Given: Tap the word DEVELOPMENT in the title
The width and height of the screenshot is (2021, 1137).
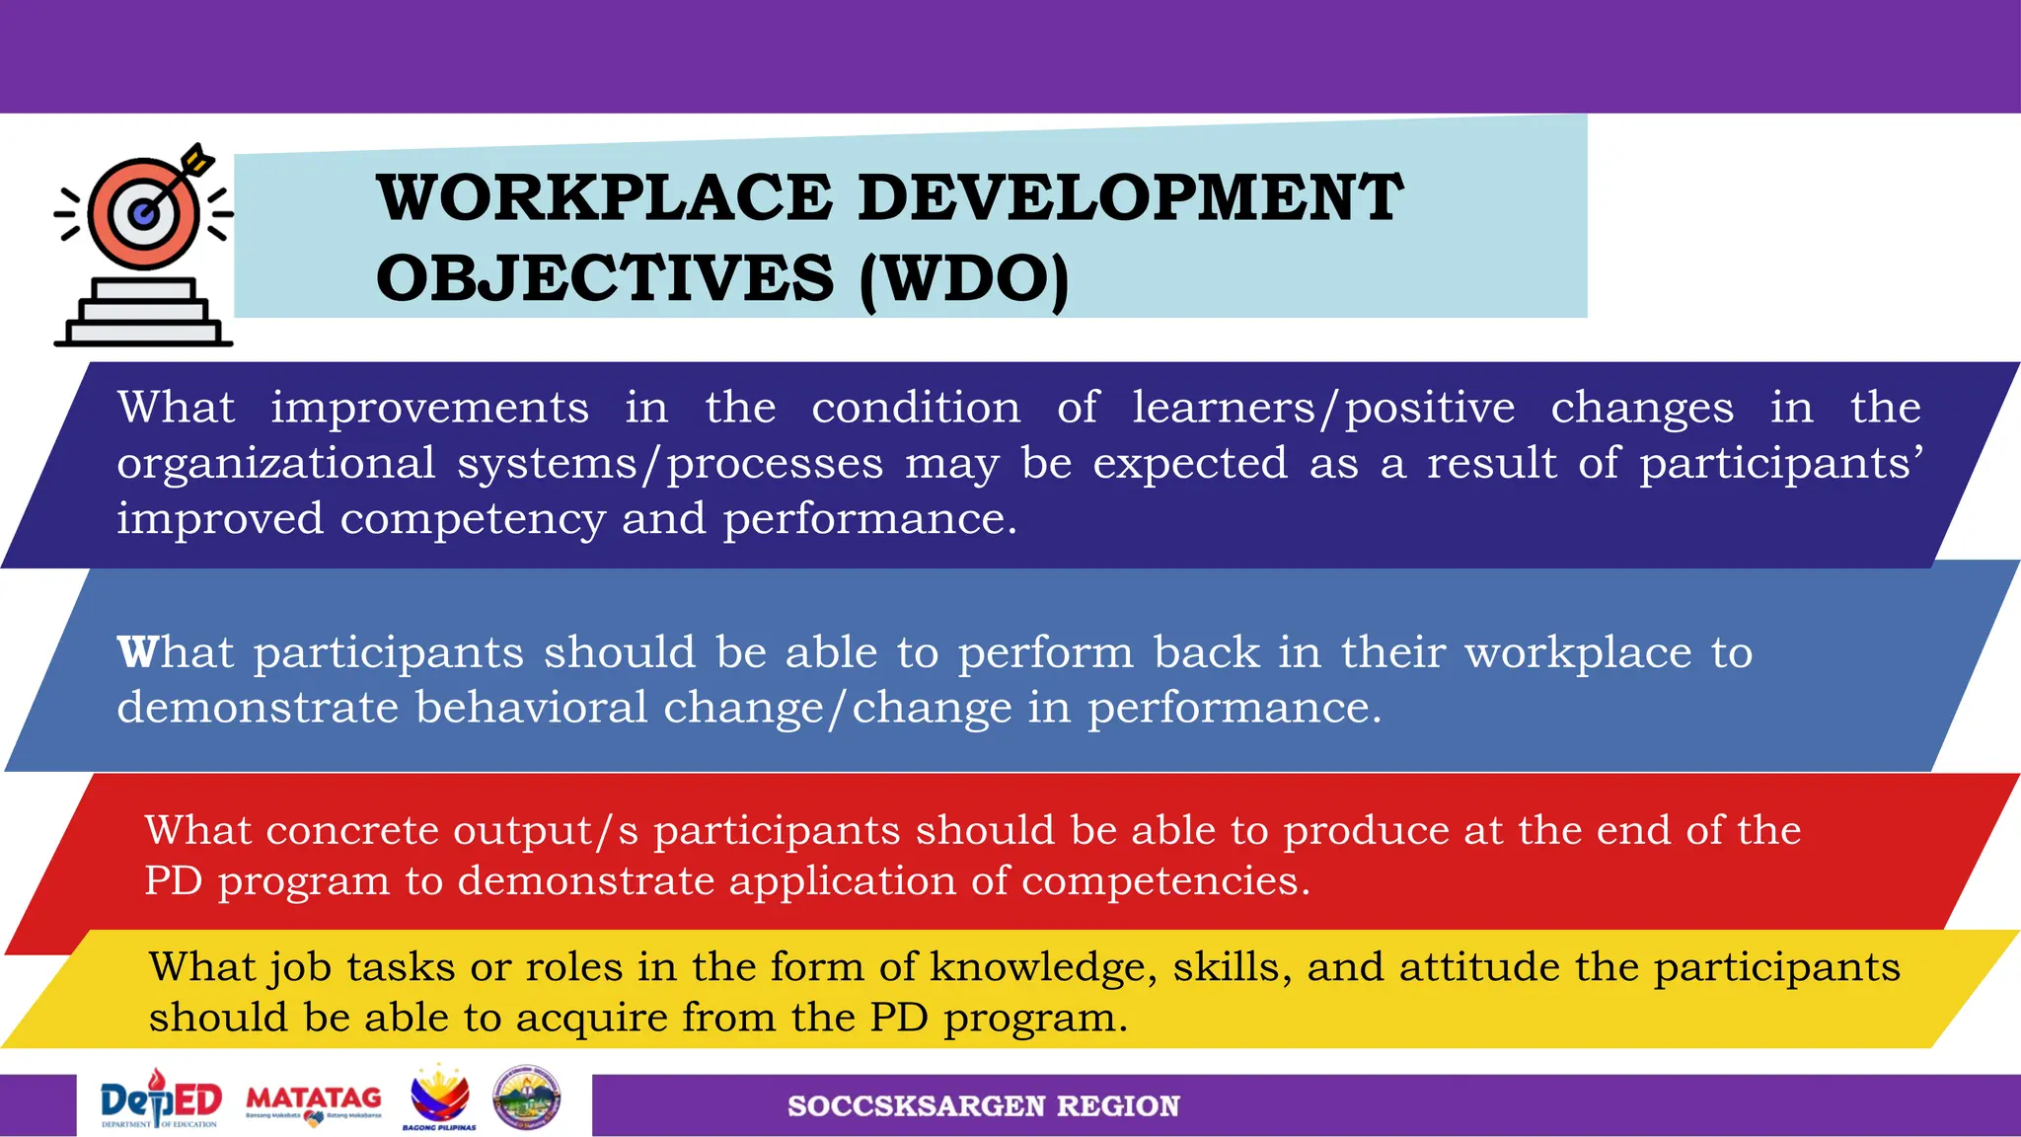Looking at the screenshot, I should tap(1130, 197).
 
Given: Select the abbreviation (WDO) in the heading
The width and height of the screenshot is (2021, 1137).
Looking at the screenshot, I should tap(964, 279).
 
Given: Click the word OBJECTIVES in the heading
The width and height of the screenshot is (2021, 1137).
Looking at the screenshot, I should tap(605, 279).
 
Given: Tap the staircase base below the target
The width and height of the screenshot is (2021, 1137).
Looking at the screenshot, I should tap(144, 313).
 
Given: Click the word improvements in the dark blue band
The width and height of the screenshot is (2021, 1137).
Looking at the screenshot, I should tap(430, 408).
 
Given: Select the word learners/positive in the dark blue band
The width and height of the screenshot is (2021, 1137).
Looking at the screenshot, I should tap(1322, 408).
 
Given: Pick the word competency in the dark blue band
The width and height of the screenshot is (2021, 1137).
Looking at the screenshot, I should tap(473, 519).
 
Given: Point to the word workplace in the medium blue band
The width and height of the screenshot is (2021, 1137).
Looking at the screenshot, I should tap(1578, 652).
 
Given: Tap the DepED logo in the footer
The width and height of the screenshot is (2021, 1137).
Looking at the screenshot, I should tap(161, 1102).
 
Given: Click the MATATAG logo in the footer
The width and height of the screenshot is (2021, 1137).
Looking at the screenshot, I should tap(314, 1102).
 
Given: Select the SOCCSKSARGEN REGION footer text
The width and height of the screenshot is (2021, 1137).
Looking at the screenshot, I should tap(983, 1106).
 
